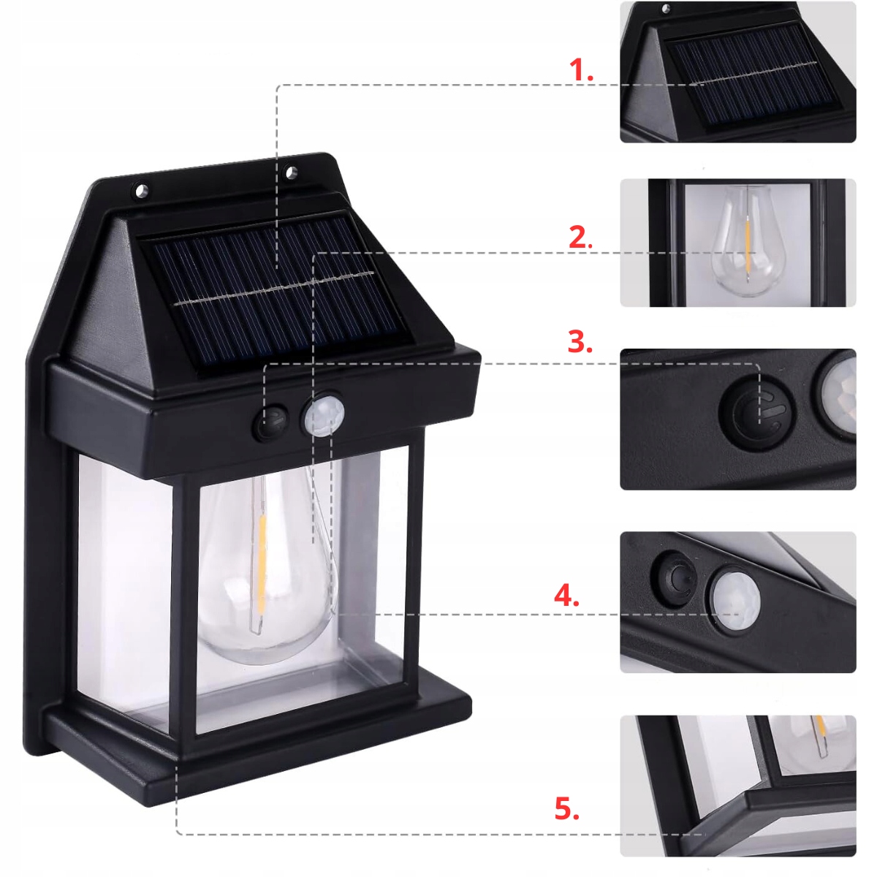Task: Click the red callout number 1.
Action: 581,71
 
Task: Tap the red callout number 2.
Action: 581,237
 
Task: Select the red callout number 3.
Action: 580,342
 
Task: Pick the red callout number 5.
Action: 566,770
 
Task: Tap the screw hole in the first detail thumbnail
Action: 667,9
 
